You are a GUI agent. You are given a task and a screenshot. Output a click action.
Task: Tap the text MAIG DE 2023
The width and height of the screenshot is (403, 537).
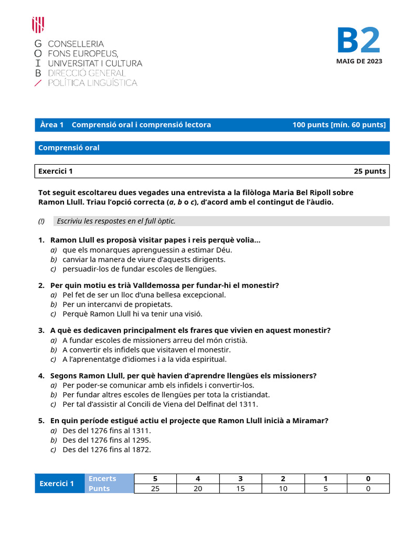click(x=359, y=61)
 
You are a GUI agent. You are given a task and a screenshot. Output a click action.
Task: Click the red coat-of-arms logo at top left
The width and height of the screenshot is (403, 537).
click(x=38, y=25)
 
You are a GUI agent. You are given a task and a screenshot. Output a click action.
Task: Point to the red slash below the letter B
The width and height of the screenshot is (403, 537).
click(x=37, y=83)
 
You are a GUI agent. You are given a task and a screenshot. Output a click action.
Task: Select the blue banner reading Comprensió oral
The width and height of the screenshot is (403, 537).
click(x=212, y=148)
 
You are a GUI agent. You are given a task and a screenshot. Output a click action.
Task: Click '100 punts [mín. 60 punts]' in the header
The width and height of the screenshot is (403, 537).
click(x=338, y=125)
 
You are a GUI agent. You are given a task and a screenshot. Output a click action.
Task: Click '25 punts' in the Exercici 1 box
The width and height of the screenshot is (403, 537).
click(x=369, y=171)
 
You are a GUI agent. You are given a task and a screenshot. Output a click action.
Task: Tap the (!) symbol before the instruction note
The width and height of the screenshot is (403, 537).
click(x=41, y=221)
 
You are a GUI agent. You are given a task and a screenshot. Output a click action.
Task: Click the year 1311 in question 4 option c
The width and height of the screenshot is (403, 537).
click(x=249, y=404)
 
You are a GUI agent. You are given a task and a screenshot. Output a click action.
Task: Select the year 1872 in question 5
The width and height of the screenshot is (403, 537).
click(x=142, y=450)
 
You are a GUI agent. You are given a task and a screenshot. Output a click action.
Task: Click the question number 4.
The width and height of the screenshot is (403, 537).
click(x=41, y=375)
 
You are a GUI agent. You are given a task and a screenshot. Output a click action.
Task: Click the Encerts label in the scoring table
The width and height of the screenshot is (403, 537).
click(x=102, y=478)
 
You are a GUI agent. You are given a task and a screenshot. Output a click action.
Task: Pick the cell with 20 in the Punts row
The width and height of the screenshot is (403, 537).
click(x=197, y=489)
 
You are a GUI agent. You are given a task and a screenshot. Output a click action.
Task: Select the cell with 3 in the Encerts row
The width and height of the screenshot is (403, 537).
click(x=240, y=478)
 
